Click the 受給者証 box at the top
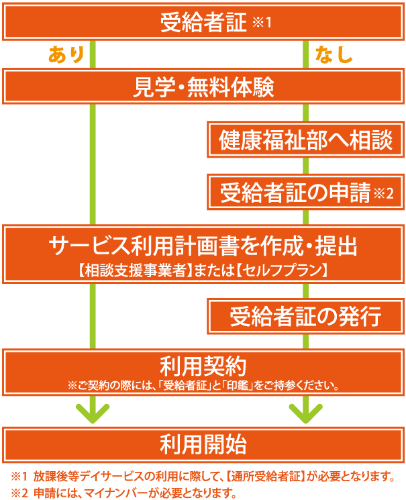[203, 21]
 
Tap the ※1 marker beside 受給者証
[262, 22]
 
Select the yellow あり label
[66, 54]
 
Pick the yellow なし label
[334, 54]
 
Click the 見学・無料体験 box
[203, 86]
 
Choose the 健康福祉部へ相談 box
[305, 140]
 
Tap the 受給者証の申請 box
[305, 192]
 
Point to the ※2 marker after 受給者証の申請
[384, 193]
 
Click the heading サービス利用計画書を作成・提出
[203, 246]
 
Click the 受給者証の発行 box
[305, 316]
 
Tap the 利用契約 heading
[203, 366]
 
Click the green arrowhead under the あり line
[93, 413]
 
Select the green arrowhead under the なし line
[305, 413]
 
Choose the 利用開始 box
[203, 444]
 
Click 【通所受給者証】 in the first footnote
[265, 477]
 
